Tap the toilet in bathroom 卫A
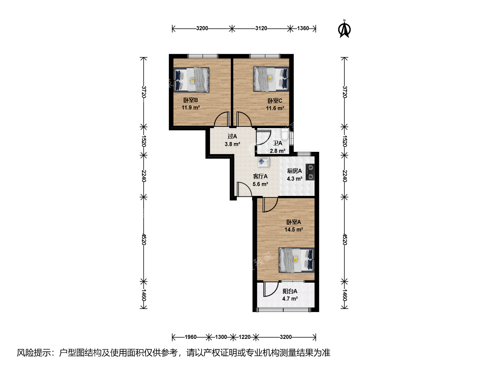[x=285, y=135]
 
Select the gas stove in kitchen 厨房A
[x=310, y=172]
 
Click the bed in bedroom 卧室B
[x=191, y=80]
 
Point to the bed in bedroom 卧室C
[x=271, y=79]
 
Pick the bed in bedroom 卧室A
[x=297, y=260]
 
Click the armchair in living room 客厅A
[x=263, y=162]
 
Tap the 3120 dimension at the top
[x=261, y=28]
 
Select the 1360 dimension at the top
[x=303, y=28]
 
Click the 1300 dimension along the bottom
[x=221, y=337]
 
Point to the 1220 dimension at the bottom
[x=245, y=337]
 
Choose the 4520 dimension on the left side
[x=144, y=239]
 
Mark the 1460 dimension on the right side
[x=345, y=295]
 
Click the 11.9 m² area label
[x=191, y=108]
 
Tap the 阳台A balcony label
[x=290, y=291]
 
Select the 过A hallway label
[x=232, y=137]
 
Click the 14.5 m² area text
[x=294, y=229]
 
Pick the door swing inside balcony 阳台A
[x=271, y=289]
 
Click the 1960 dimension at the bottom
[x=191, y=337]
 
